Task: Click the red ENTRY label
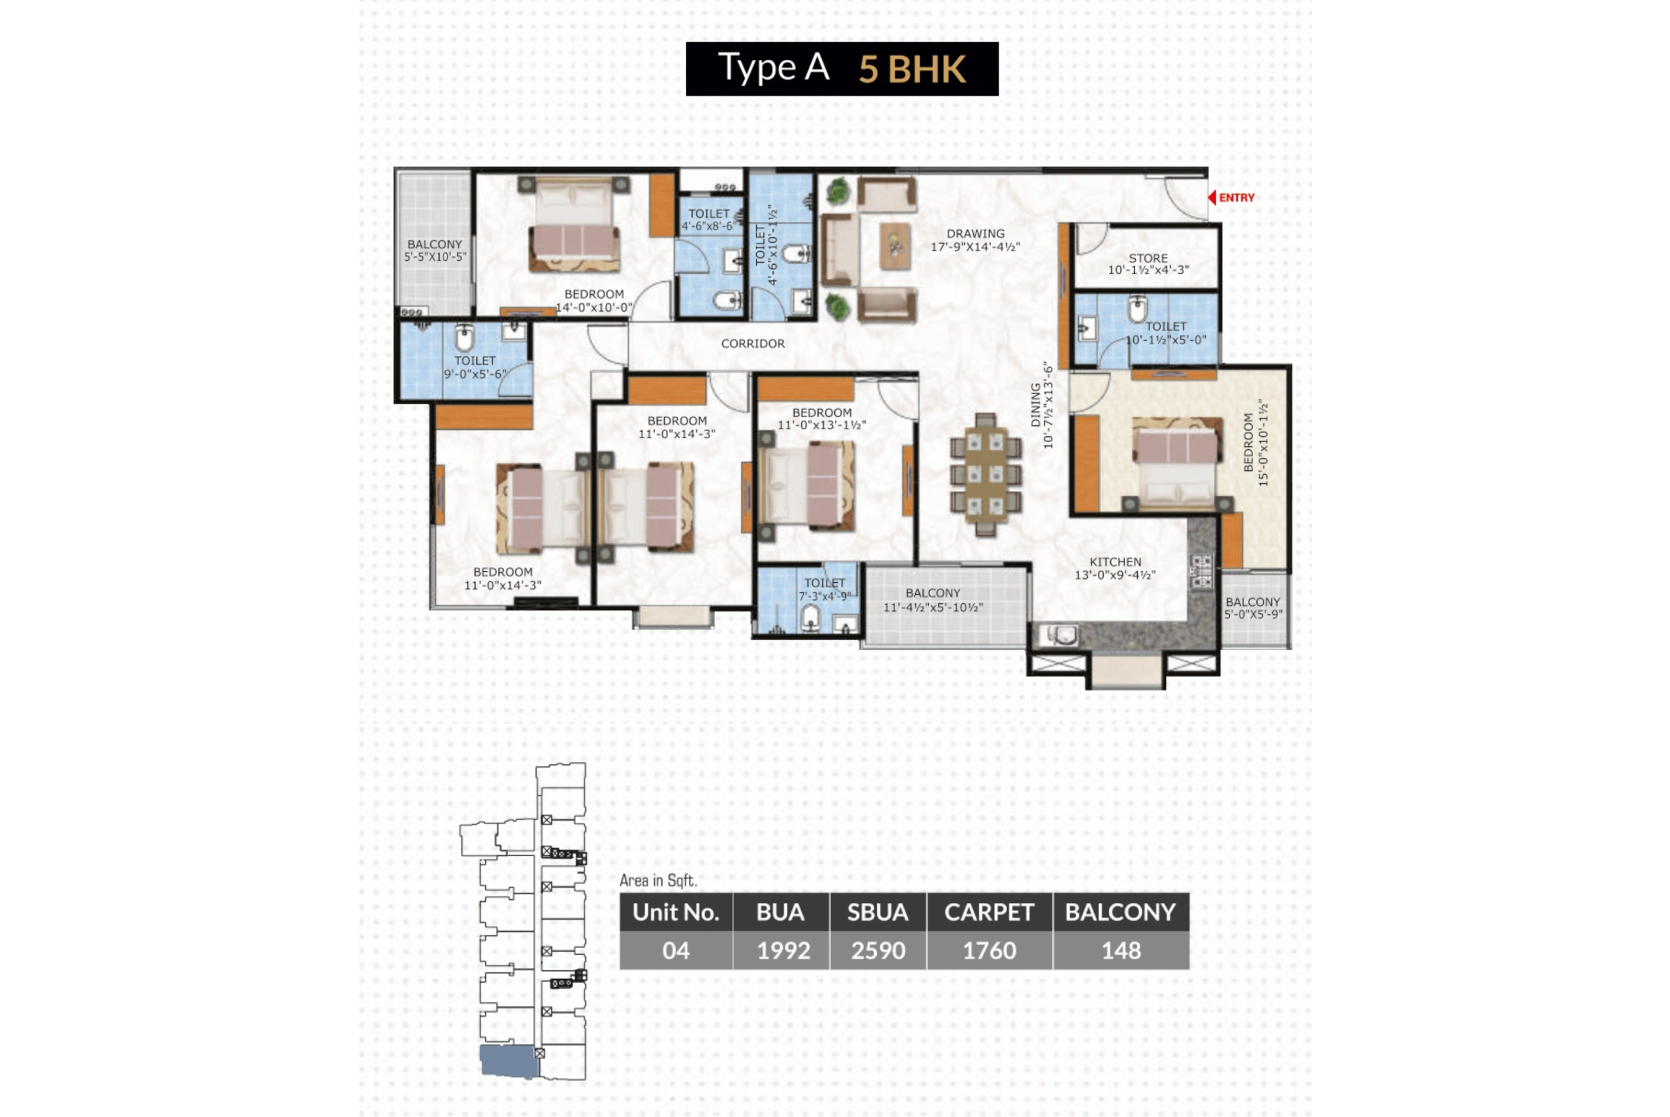1236,198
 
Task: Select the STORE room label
1147,258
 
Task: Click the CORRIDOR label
752,344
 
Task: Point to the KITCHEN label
1115,562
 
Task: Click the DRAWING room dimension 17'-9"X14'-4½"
975,247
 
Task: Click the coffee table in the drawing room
895,246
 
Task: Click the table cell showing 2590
878,950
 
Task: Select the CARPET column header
989,912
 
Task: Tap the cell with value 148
1121,950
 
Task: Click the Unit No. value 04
675,950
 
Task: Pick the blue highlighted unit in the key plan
508,1061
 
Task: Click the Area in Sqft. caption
658,880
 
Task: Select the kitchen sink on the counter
1059,634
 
